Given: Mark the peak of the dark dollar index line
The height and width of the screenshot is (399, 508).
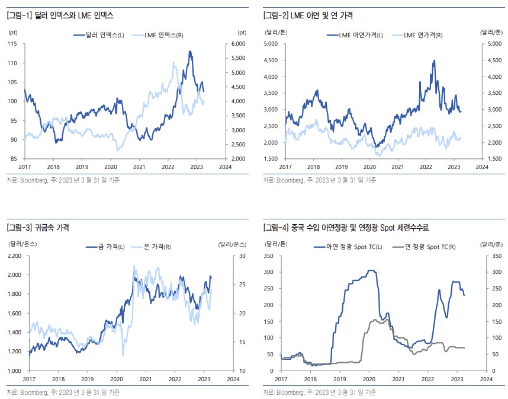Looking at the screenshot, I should tap(189, 52).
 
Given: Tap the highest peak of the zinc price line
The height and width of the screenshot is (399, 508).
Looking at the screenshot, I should tap(434, 60).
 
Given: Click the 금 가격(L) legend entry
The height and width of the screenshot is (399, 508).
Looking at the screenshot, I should tap(107, 247).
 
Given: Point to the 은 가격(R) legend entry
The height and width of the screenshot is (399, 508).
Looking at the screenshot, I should tap(154, 247).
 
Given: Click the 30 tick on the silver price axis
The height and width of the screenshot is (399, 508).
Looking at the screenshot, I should tap(242, 256).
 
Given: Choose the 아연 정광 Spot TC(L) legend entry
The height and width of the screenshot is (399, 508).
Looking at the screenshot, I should tap(352, 247).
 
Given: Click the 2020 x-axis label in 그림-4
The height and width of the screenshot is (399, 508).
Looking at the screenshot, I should tap(369, 378).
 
